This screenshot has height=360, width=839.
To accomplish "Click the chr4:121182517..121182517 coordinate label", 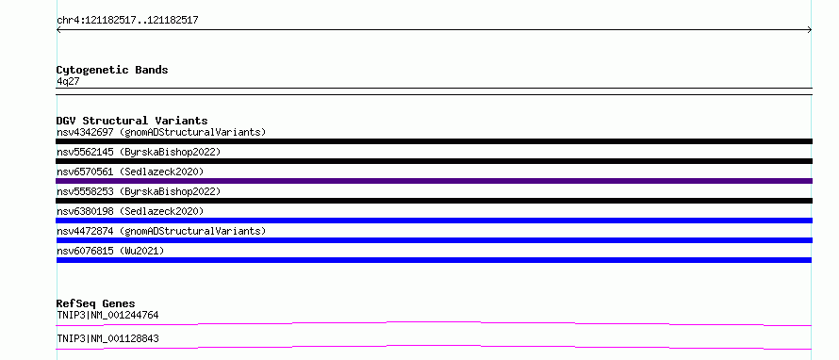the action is (x=128, y=21).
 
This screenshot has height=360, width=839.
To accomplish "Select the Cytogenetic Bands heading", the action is (x=112, y=70).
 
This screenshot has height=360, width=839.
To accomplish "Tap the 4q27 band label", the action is (x=68, y=82).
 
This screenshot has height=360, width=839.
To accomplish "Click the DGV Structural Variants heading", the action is (x=132, y=121).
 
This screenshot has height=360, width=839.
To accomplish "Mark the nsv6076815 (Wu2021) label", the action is (x=110, y=251).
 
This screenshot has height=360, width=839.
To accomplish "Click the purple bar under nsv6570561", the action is (x=434, y=181).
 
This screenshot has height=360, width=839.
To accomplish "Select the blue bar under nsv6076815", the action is (x=434, y=260).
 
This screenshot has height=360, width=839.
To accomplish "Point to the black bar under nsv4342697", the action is (x=434, y=141).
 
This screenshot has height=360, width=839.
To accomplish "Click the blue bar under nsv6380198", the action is (x=434, y=221).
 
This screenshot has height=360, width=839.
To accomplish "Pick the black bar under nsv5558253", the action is (x=434, y=201).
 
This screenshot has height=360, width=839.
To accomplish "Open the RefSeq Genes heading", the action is (x=96, y=303).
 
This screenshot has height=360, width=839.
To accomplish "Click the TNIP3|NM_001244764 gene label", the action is (x=107, y=315).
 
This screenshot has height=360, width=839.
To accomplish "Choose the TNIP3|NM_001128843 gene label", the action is (x=107, y=338).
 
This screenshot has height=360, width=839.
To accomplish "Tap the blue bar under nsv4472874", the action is (x=434, y=240).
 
